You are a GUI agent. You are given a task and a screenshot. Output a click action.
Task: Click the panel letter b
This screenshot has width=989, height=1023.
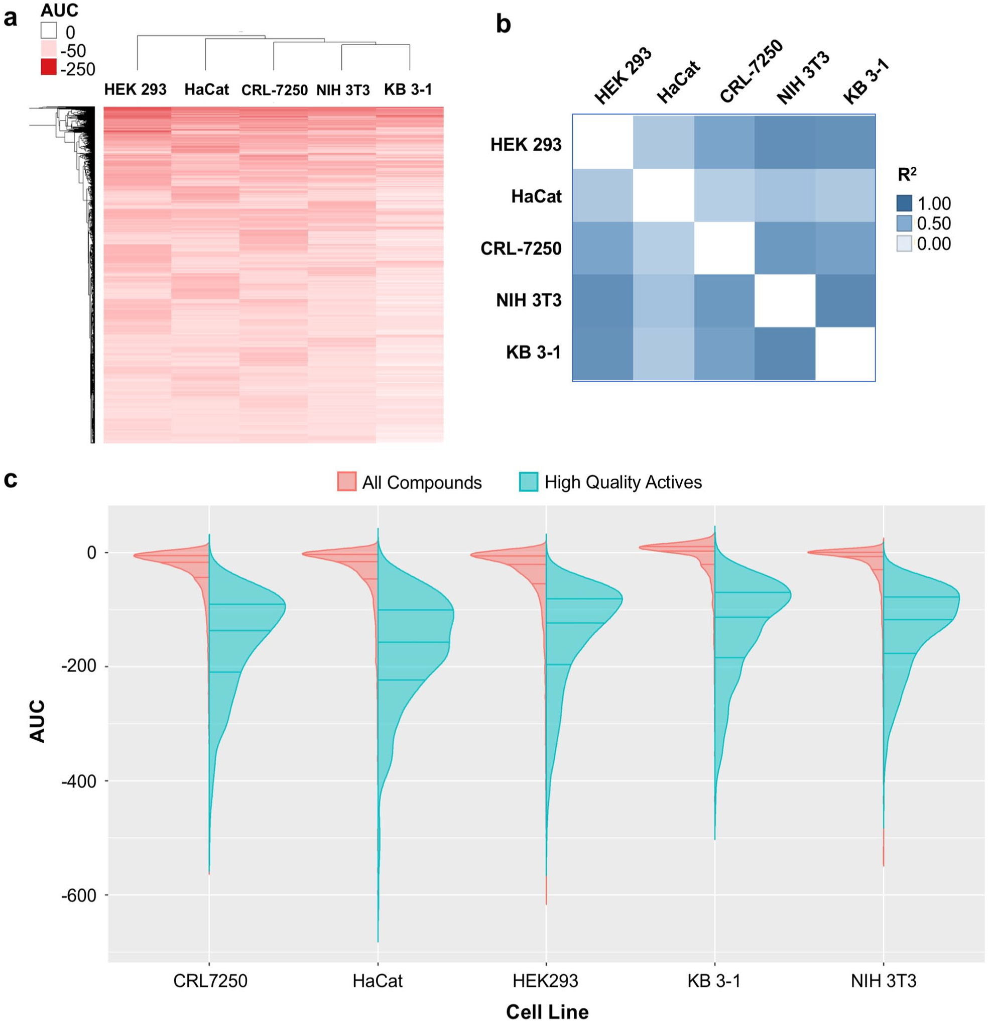(504, 24)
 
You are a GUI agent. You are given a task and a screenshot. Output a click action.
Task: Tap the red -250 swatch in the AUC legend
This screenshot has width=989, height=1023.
(49, 67)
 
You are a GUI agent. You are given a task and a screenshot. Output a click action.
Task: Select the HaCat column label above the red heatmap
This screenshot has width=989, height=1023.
(206, 90)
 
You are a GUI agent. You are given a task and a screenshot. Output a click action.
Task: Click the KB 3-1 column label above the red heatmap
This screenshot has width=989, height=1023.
(408, 90)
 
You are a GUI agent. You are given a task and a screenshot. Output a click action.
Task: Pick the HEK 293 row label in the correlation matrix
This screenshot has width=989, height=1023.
(526, 144)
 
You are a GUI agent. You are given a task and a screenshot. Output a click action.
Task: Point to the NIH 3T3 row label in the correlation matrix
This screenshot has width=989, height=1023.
(529, 300)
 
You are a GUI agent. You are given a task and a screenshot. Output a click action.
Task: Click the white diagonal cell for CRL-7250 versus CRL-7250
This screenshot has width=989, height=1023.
(724, 248)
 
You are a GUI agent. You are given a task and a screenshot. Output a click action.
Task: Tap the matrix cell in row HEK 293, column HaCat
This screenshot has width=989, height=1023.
(664, 142)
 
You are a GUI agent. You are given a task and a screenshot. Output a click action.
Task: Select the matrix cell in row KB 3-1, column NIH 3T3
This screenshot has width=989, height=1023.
(785, 354)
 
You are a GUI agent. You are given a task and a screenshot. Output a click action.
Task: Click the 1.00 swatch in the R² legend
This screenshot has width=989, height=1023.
(904, 203)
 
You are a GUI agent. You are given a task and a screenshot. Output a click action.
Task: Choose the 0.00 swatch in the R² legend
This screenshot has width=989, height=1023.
(904, 243)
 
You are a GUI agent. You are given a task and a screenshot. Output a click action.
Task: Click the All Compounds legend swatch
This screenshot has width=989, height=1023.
(347, 481)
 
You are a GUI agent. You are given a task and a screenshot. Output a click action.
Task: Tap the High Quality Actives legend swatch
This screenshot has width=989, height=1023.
(529, 481)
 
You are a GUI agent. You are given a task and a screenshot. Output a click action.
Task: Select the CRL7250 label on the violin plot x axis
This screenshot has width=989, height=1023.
(210, 981)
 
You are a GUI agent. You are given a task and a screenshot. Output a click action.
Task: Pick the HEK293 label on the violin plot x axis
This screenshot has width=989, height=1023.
(546, 981)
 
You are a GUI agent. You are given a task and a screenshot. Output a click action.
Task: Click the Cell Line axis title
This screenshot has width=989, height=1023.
(547, 1011)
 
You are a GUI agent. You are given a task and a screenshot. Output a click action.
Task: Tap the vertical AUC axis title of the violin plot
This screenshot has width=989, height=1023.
(38, 721)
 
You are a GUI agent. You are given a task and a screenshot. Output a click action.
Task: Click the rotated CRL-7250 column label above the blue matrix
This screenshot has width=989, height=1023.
(751, 71)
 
